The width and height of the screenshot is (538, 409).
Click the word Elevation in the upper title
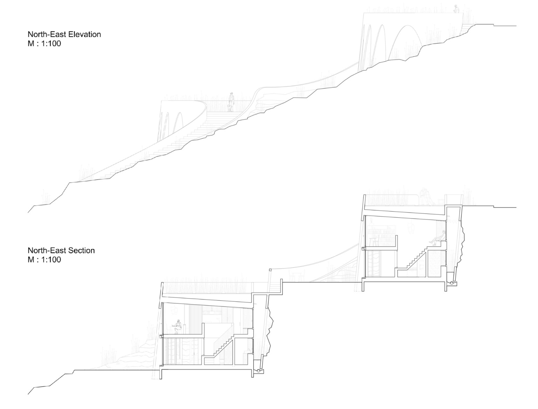pos(84,34)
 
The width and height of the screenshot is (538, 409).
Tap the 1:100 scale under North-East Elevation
pos(51,44)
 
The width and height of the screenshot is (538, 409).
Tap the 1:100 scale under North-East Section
pos(51,259)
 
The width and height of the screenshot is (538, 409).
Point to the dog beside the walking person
pos(229,108)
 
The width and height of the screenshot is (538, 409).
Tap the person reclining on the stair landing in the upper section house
pos(437,237)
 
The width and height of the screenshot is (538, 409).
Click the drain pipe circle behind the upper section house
pos(452,283)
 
